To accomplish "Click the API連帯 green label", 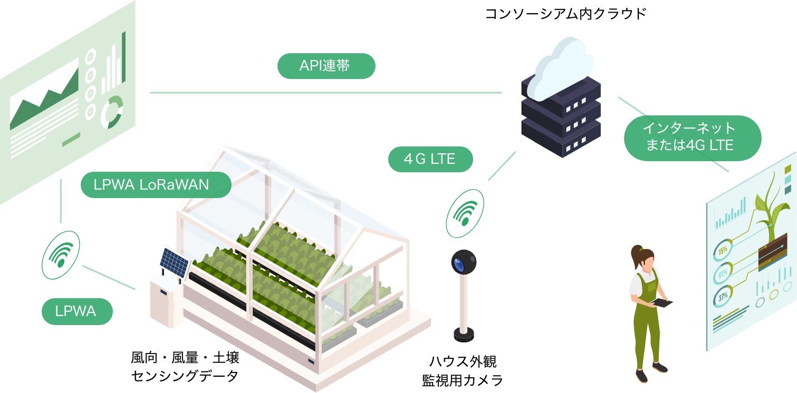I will (x=325, y=66).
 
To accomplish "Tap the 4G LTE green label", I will (x=430, y=159).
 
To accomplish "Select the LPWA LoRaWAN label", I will (x=156, y=185).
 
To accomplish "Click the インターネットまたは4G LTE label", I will (x=692, y=137).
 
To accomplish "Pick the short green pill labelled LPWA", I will (x=77, y=311).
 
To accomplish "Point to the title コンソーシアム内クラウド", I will (x=565, y=13).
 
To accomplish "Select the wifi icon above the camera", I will (x=465, y=212).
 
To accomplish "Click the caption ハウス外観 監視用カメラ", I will (x=463, y=371).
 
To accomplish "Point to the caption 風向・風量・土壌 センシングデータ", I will (x=185, y=368).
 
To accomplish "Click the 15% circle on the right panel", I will (x=722, y=250).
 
